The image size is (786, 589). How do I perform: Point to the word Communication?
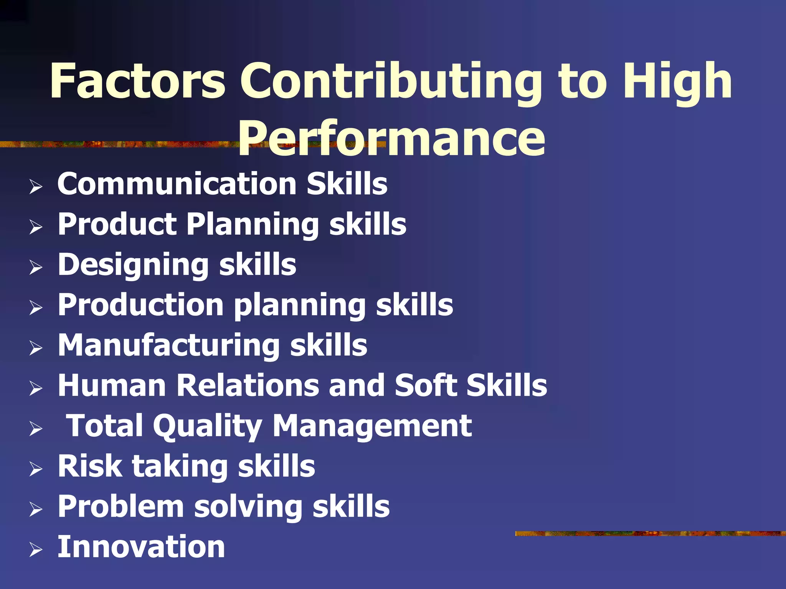pyautogui.click(x=177, y=184)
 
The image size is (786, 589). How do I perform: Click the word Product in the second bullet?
pyautogui.click(x=117, y=224)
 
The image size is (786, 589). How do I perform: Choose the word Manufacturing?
pyautogui.click(x=169, y=345)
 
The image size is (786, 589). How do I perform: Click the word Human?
pyautogui.click(x=112, y=385)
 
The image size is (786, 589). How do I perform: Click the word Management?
pyautogui.click(x=372, y=426)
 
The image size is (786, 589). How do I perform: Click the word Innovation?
pyautogui.click(x=141, y=547)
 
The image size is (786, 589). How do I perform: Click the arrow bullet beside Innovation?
pyautogui.click(x=36, y=550)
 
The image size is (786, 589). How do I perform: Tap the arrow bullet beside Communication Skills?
pyautogui.click(x=36, y=187)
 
